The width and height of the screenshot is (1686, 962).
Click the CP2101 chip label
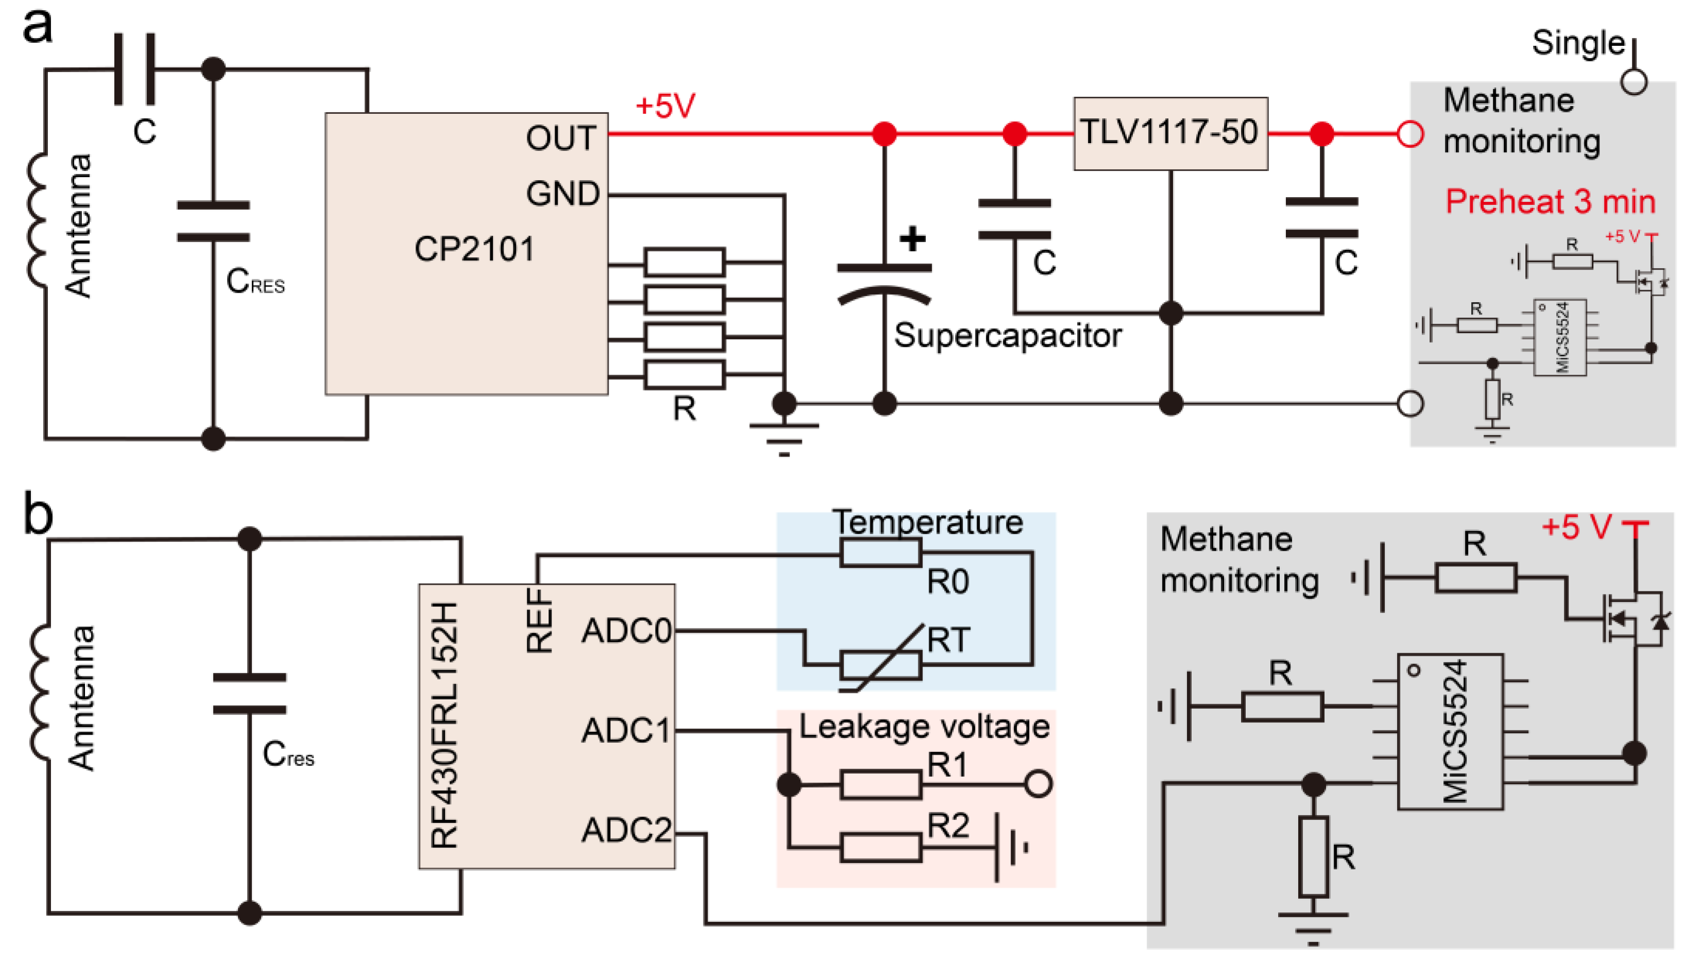click(x=474, y=249)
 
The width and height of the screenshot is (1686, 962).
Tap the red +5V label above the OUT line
click(x=665, y=106)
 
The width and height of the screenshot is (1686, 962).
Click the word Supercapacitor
click(x=1007, y=336)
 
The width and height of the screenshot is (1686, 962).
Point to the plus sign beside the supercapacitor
click(x=912, y=238)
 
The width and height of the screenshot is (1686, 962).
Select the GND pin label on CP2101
click(x=562, y=194)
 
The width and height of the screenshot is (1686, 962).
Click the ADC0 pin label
click(x=626, y=631)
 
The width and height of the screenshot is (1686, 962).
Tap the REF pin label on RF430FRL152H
click(x=539, y=621)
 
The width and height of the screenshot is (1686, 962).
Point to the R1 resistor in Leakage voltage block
click(x=881, y=784)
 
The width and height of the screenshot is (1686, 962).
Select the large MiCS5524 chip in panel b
click(x=1450, y=731)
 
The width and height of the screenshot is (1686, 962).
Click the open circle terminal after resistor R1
click(x=1038, y=784)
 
